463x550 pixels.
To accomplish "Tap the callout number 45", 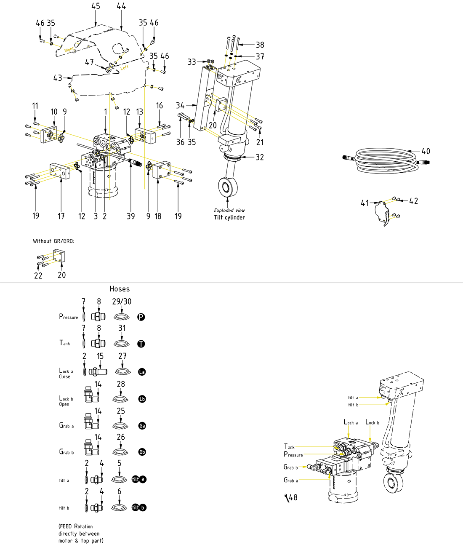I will coord(96,6).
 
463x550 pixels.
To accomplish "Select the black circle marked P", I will coord(141,317).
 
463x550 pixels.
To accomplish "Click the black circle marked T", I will coord(141,344).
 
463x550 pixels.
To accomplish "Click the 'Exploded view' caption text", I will coord(229,210).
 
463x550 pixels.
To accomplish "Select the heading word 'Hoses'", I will coord(120,289).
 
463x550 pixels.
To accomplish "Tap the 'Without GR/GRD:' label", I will coord(53,241).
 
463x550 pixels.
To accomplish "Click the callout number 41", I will coord(365,203).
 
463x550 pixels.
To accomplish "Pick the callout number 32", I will coord(260,157).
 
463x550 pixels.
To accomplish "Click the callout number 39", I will coord(131,216).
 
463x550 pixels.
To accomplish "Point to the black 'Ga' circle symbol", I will coord(142,426).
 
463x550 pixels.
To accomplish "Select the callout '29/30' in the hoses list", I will coord(122,302).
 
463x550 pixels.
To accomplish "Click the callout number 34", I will coord(180,105).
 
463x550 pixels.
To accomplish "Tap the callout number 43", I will coord(58,78).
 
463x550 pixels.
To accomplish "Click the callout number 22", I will coord(38,275).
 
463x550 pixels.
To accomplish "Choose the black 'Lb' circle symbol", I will coord(142,399).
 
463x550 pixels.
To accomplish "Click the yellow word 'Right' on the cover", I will coord(69,50).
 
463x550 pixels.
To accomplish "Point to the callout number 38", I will coord(260,45).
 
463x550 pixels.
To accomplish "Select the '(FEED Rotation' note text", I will coord(76,526).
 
